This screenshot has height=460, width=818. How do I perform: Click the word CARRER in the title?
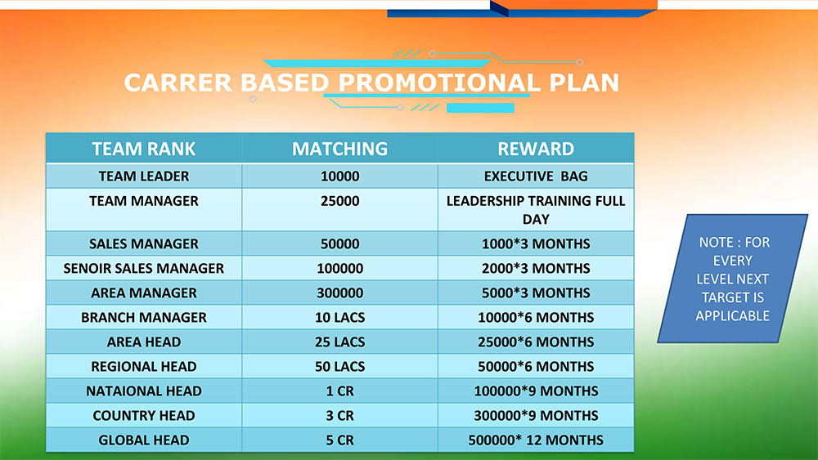178,83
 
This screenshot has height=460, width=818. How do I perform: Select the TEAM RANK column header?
143,149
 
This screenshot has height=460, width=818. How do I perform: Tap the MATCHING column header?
339,149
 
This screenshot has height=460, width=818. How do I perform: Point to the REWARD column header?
536,149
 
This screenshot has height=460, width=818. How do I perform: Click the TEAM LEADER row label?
143,176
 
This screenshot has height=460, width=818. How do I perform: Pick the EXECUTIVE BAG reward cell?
536,176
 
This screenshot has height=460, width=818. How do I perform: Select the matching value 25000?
339,201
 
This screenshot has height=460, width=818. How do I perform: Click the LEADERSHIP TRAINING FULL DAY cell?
536,210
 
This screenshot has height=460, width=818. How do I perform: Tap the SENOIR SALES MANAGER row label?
143,268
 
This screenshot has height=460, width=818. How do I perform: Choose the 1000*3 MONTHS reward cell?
536,243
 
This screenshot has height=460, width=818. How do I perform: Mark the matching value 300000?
339,293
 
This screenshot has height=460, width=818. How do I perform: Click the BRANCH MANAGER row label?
143,317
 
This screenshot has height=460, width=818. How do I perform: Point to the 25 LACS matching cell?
339,342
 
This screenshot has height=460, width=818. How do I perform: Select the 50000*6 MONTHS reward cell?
536,366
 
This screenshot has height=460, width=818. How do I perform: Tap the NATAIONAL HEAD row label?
143,391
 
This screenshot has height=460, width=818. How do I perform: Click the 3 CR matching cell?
339,415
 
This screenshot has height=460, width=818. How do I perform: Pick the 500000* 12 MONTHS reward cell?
536,440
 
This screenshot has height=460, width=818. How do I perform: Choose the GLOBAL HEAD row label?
143,440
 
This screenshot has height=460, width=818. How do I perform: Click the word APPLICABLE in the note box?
732,315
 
